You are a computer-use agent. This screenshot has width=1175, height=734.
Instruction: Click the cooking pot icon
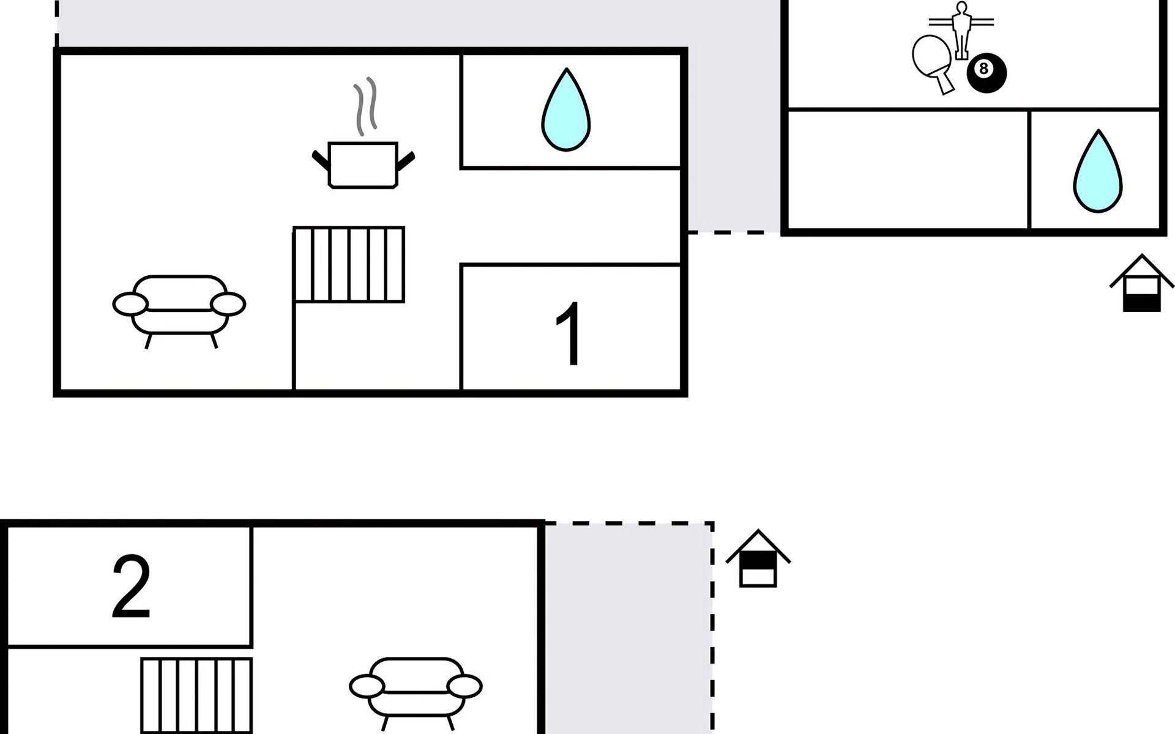363,165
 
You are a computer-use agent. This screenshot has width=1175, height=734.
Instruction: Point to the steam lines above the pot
365,106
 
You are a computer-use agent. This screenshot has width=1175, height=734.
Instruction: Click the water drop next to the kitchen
566,109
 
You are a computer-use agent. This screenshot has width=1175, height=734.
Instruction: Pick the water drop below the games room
1098,171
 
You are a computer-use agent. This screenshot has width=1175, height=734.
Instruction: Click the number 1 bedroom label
569,334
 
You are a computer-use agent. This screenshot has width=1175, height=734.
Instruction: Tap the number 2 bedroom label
131,586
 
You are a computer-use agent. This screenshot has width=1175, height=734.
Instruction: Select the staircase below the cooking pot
349,264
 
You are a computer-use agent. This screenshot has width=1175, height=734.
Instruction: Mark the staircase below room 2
196,695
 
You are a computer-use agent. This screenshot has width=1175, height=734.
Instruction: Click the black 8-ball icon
987,73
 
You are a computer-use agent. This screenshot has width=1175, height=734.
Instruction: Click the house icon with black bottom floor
1142,283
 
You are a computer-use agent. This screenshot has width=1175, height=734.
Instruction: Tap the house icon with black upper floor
758,558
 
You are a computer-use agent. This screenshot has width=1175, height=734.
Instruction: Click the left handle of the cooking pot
321,160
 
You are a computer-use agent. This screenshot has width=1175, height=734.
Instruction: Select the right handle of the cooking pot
406,160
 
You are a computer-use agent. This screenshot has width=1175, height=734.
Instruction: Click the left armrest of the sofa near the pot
130,304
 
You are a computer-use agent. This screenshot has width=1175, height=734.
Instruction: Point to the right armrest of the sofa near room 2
464,686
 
